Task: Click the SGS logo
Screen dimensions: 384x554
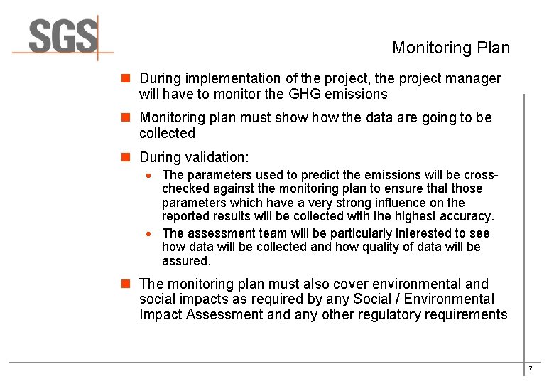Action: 63,36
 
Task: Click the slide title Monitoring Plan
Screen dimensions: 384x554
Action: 451,48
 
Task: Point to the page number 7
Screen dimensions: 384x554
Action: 530,368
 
